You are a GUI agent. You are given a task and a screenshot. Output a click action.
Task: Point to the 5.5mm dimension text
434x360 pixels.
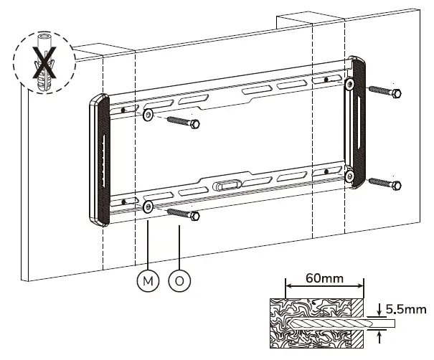(x=405, y=310)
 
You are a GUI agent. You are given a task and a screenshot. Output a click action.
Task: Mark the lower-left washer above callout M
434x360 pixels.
(x=147, y=207)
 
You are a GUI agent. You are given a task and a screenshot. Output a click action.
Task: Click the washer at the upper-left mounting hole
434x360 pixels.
(x=148, y=115)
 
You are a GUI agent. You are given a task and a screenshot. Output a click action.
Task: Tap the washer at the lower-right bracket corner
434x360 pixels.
(x=351, y=176)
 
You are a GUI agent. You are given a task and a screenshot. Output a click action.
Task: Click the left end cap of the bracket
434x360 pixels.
(x=99, y=161)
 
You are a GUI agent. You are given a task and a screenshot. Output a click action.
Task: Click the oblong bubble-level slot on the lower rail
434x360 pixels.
(x=228, y=184)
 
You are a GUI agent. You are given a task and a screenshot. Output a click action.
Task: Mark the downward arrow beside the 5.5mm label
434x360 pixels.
(x=379, y=308)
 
